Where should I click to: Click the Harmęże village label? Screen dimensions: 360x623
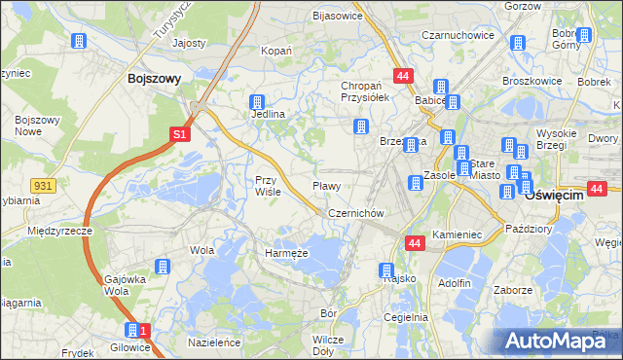286,253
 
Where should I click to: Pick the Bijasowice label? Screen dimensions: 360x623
337,16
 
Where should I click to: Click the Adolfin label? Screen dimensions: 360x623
455,283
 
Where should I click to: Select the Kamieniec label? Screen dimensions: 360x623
458,235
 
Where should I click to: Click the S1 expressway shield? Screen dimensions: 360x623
180,136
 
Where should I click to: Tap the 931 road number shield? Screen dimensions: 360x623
41,185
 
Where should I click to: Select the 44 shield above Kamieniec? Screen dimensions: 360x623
415,243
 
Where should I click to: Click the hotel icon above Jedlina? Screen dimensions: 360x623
258,101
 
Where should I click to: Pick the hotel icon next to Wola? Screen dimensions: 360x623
164,266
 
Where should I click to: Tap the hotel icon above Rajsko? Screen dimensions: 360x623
386,270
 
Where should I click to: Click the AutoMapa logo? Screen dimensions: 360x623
557,341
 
